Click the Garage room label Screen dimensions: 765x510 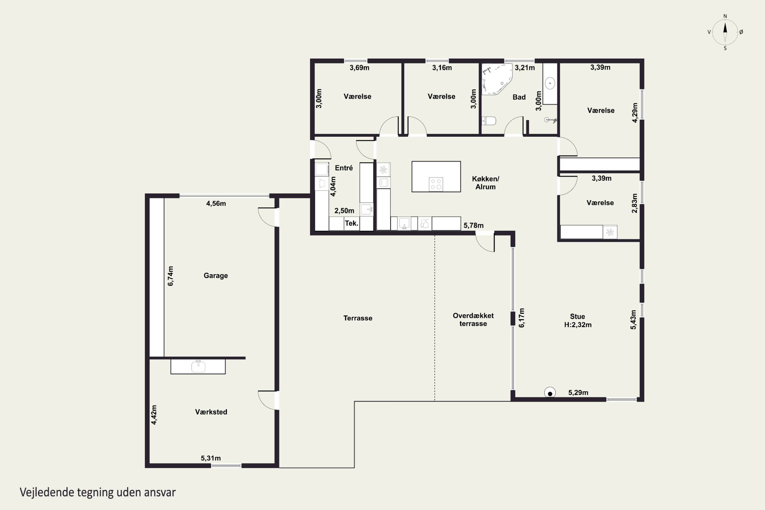(x=216, y=275)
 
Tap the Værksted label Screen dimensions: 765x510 (x=211, y=412)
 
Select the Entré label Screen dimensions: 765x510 (x=344, y=168)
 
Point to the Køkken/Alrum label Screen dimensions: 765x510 (x=486, y=183)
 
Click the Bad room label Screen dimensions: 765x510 (x=519, y=97)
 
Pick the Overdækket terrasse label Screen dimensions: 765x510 (x=473, y=320)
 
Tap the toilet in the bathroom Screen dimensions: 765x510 (x=489, y=121)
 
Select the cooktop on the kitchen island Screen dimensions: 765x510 (x=436, y=184)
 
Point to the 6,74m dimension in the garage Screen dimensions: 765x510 (x=170, y=276)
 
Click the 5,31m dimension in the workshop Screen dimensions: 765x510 (x=211, y=458)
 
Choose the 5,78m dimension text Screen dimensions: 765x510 (x=474, y=225)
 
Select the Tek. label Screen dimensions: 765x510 (x=352, y=223)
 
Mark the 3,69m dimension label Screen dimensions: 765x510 (x=359, y=68)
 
